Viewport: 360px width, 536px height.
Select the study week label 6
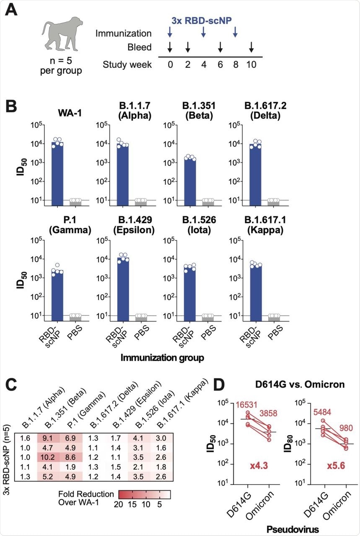click(220, 65)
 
